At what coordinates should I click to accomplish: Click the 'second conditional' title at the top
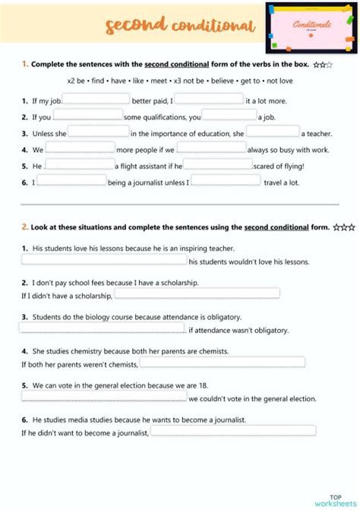(179, 27)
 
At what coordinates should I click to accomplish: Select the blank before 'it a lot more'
(210, 98)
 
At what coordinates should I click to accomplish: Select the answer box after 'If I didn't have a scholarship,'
(197, 293)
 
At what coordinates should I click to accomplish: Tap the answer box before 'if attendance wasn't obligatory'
(103, 328)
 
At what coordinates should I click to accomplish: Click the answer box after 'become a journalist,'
(233, 430)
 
